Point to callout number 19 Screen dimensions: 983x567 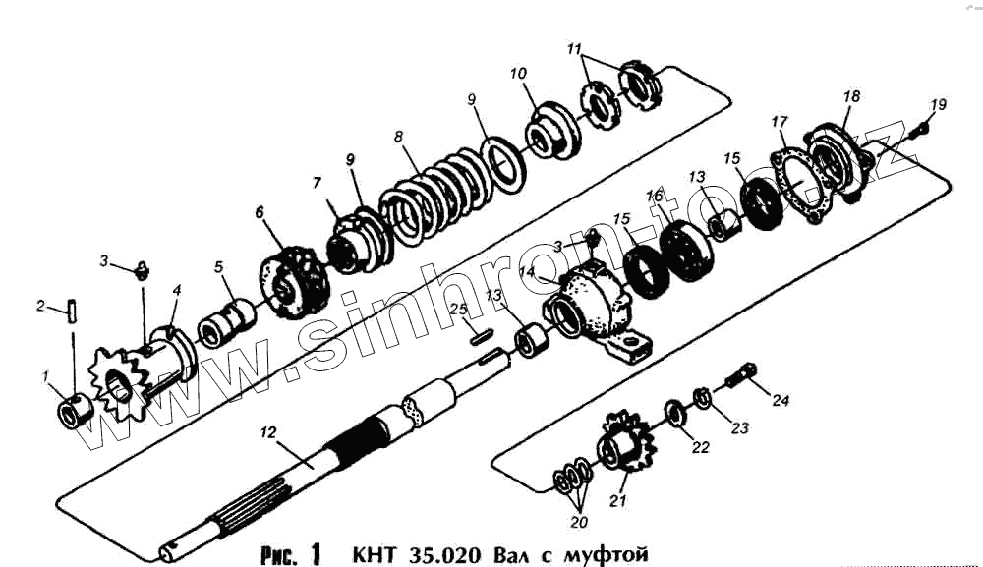coord(939,104)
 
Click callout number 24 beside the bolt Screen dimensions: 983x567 coord(781,400)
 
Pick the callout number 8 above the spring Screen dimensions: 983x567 coord(399,138)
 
